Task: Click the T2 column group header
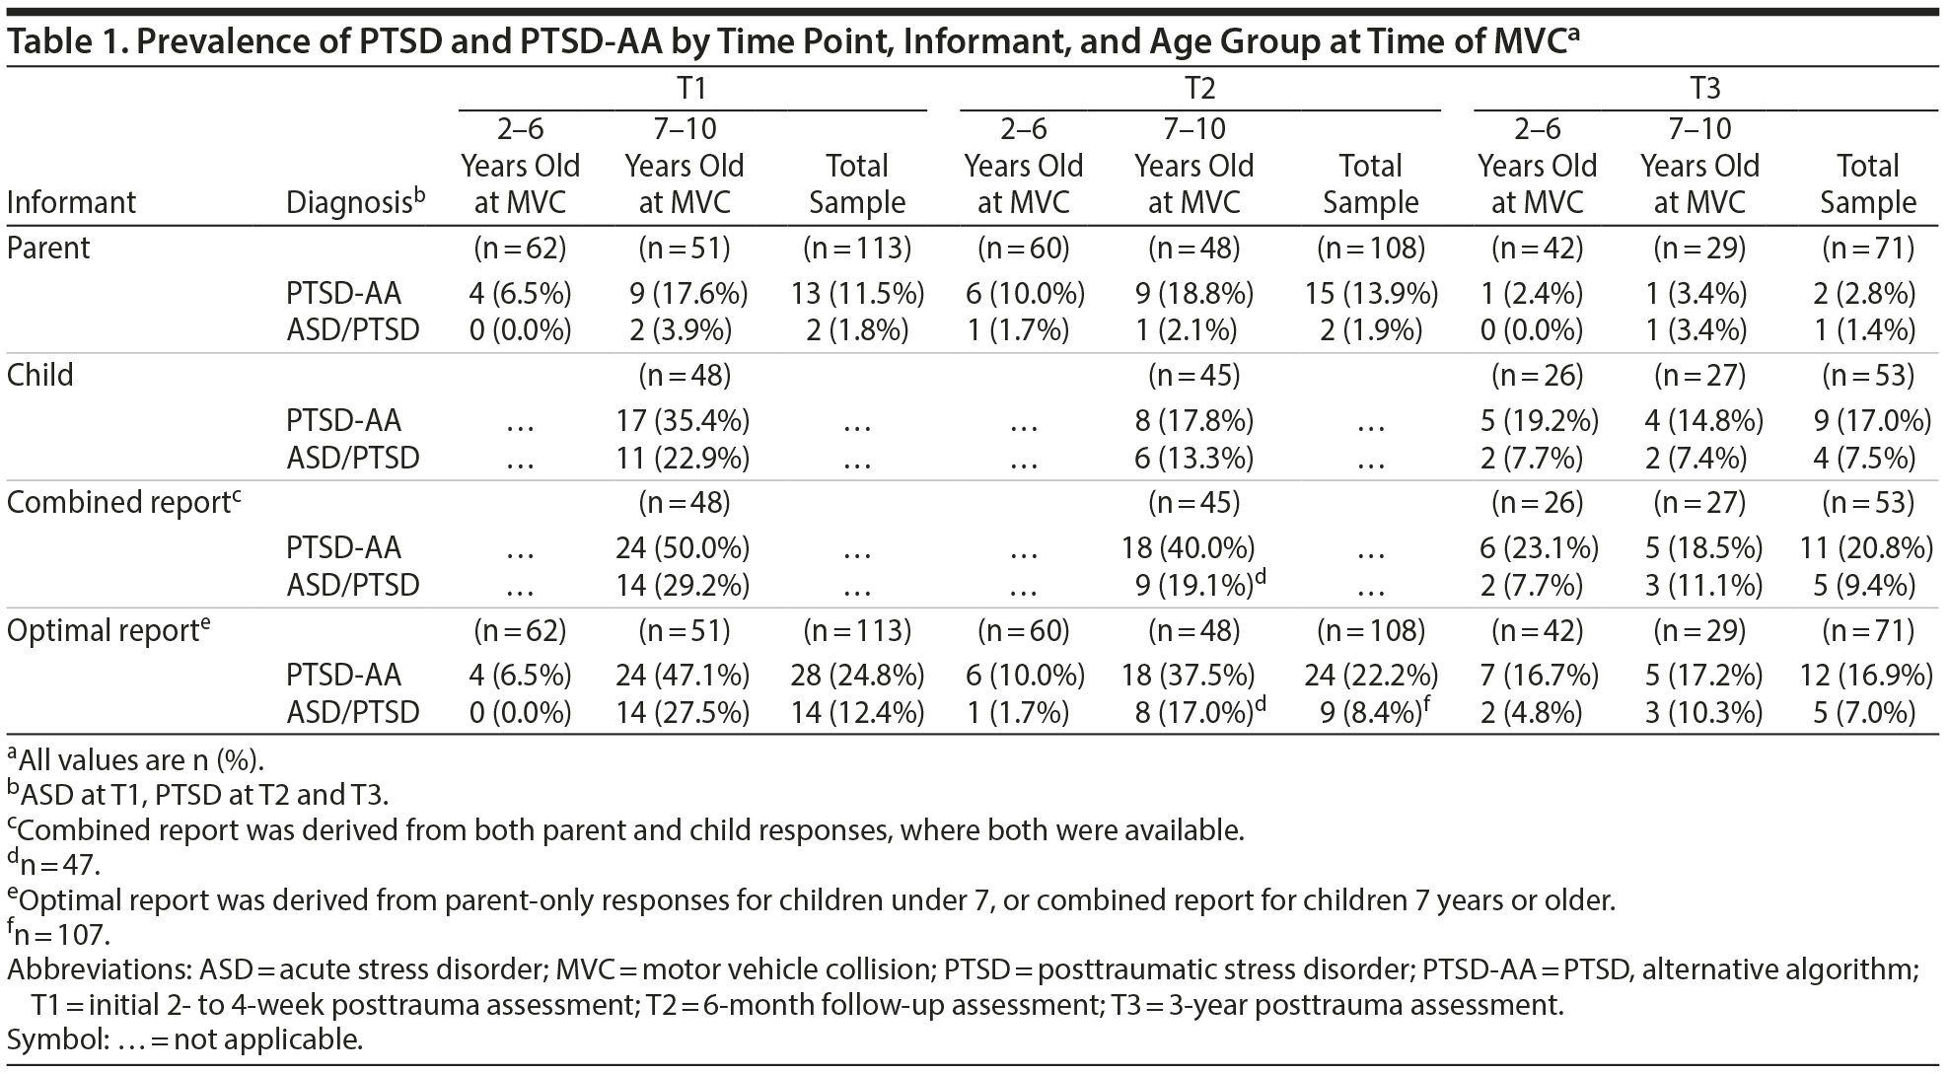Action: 1198,89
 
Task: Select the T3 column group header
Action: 1704,89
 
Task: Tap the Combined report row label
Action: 118,502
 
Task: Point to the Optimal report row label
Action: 104,630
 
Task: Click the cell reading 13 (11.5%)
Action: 857,293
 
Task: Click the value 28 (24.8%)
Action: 857,676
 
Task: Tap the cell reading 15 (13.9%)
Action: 1370,293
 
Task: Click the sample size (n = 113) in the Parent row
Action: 857,248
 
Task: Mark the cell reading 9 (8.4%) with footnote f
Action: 1370,711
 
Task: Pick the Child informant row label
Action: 40,375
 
